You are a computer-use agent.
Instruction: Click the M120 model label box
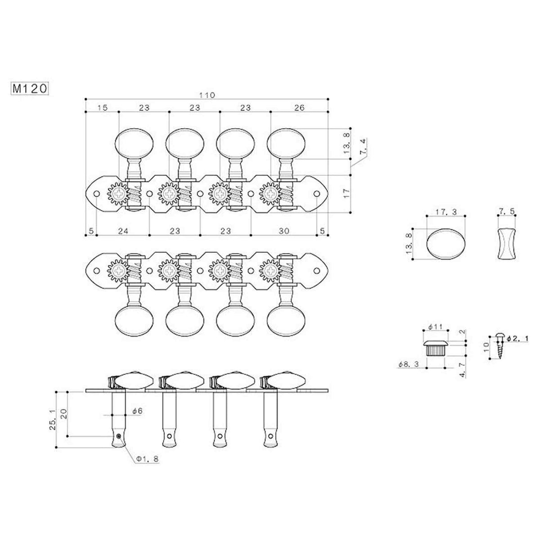tap(29, 89)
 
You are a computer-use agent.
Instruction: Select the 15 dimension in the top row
tap(102, 107)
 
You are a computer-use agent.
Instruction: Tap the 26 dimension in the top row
tap(300, 107)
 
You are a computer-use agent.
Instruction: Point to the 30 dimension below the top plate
tap(284, 230)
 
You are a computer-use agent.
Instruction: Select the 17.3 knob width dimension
tap(445, 211)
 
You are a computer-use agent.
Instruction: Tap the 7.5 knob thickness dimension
tap(505, 211)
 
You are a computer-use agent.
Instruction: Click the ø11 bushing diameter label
tap(436, 326)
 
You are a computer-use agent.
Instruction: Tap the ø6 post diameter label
tap(137, 411)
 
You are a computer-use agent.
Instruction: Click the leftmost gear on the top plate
tap(116, 194)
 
